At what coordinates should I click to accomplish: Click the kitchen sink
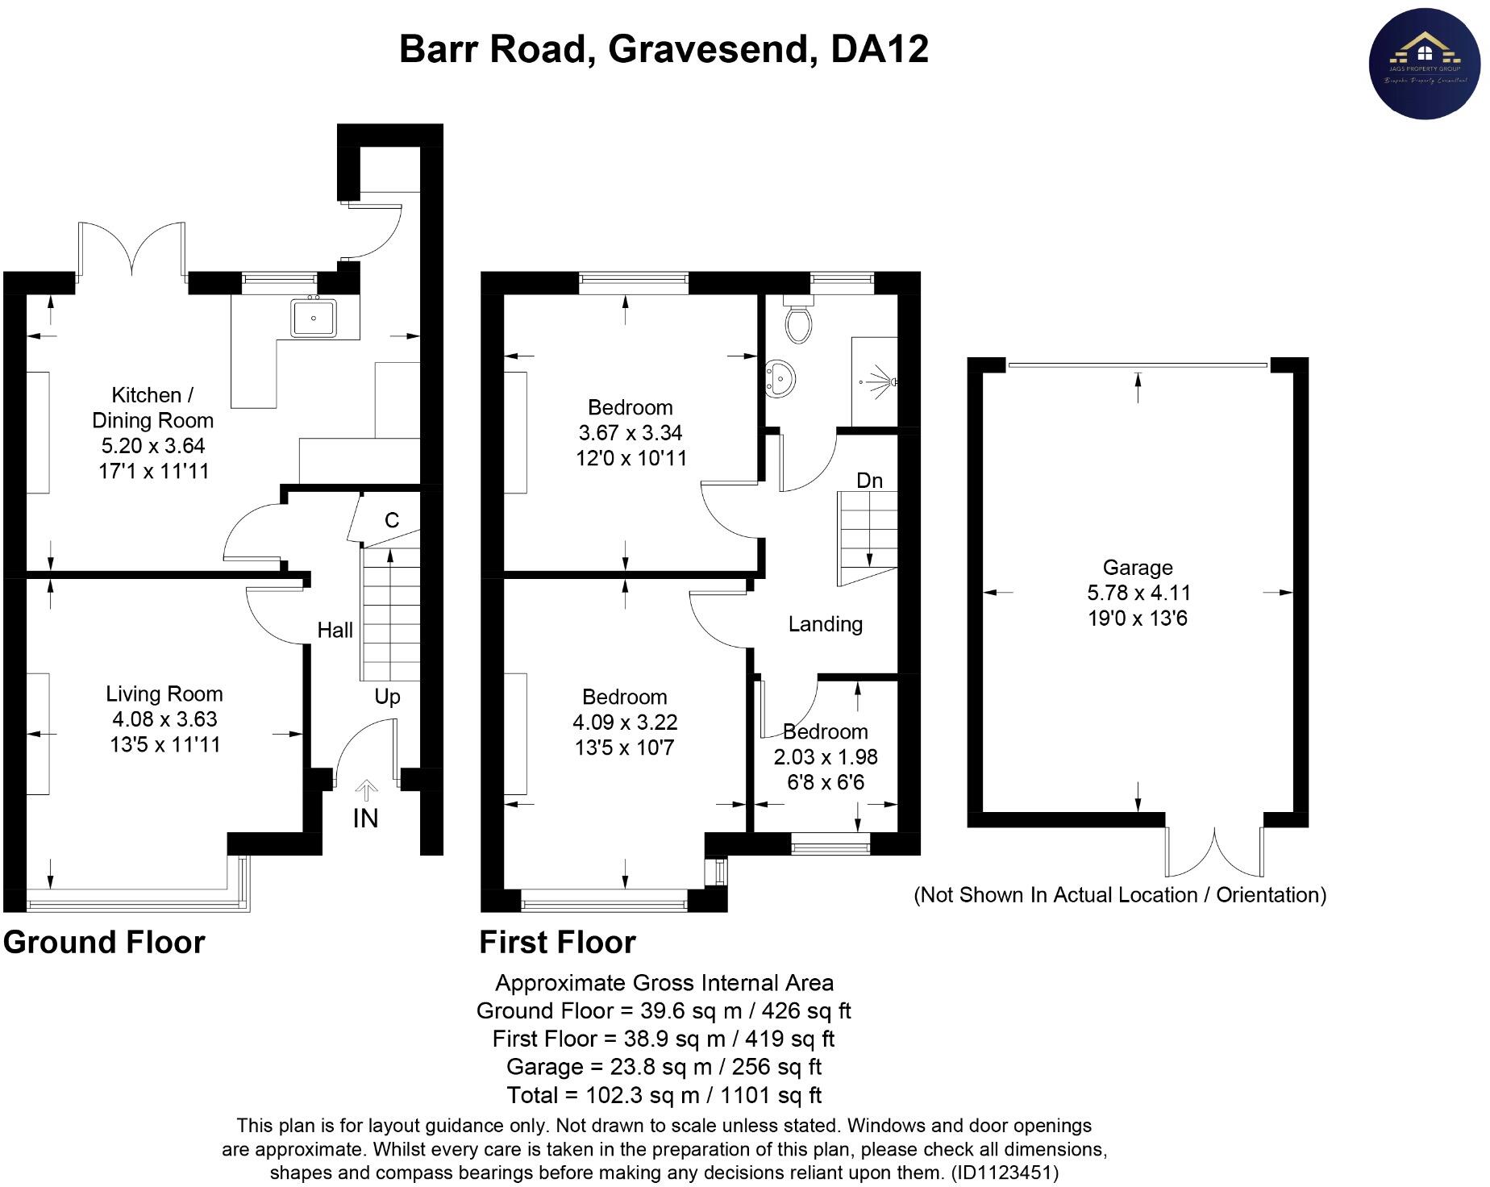(314, 317)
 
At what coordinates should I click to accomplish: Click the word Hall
(335, 630)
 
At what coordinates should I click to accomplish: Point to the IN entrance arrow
(366, 790)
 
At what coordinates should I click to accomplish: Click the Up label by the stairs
(387, 697)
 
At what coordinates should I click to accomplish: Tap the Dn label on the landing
(869, 481)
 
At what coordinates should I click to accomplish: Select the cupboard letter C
(392, 520)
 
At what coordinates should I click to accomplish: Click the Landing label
(825, 624)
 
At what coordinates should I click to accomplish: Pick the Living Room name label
(164, 693)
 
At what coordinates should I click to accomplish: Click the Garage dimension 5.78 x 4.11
(1138, 593)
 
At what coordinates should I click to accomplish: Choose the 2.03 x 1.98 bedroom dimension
(825, 757)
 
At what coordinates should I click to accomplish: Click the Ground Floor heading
(104, 942)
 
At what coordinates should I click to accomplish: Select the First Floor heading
(557, 942)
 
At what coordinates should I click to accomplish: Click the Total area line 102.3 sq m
(664, 1095)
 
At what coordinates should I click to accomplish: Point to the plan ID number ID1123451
(1005, 1172)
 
